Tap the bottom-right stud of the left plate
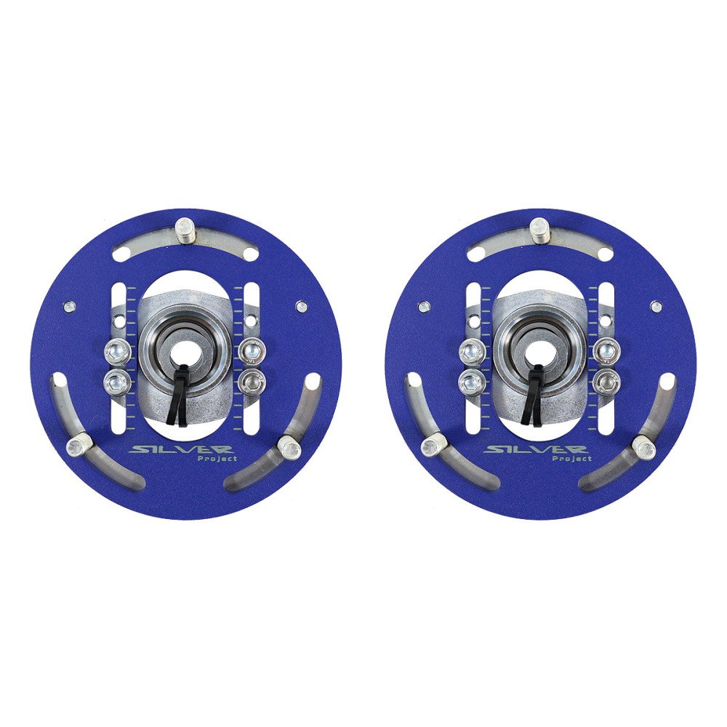(x=289, y=446)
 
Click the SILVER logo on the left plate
(x=182, y=449)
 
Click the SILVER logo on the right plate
(x=536, y=449)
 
